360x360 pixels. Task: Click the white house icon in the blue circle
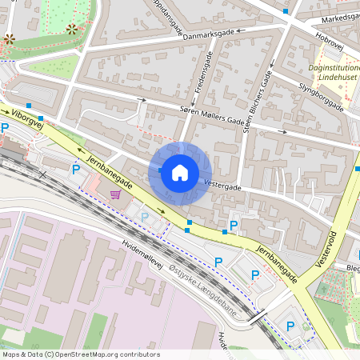tap(180, 172)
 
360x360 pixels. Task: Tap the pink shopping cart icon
tap(116, 193)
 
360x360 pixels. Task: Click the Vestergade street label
tap(223, 184)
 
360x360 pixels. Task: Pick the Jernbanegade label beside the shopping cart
tap(107, 169)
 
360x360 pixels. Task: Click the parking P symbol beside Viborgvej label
tap(5, 128)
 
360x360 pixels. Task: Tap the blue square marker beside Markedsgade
tap(286, 11)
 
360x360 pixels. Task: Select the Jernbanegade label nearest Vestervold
tap(277, 263)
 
